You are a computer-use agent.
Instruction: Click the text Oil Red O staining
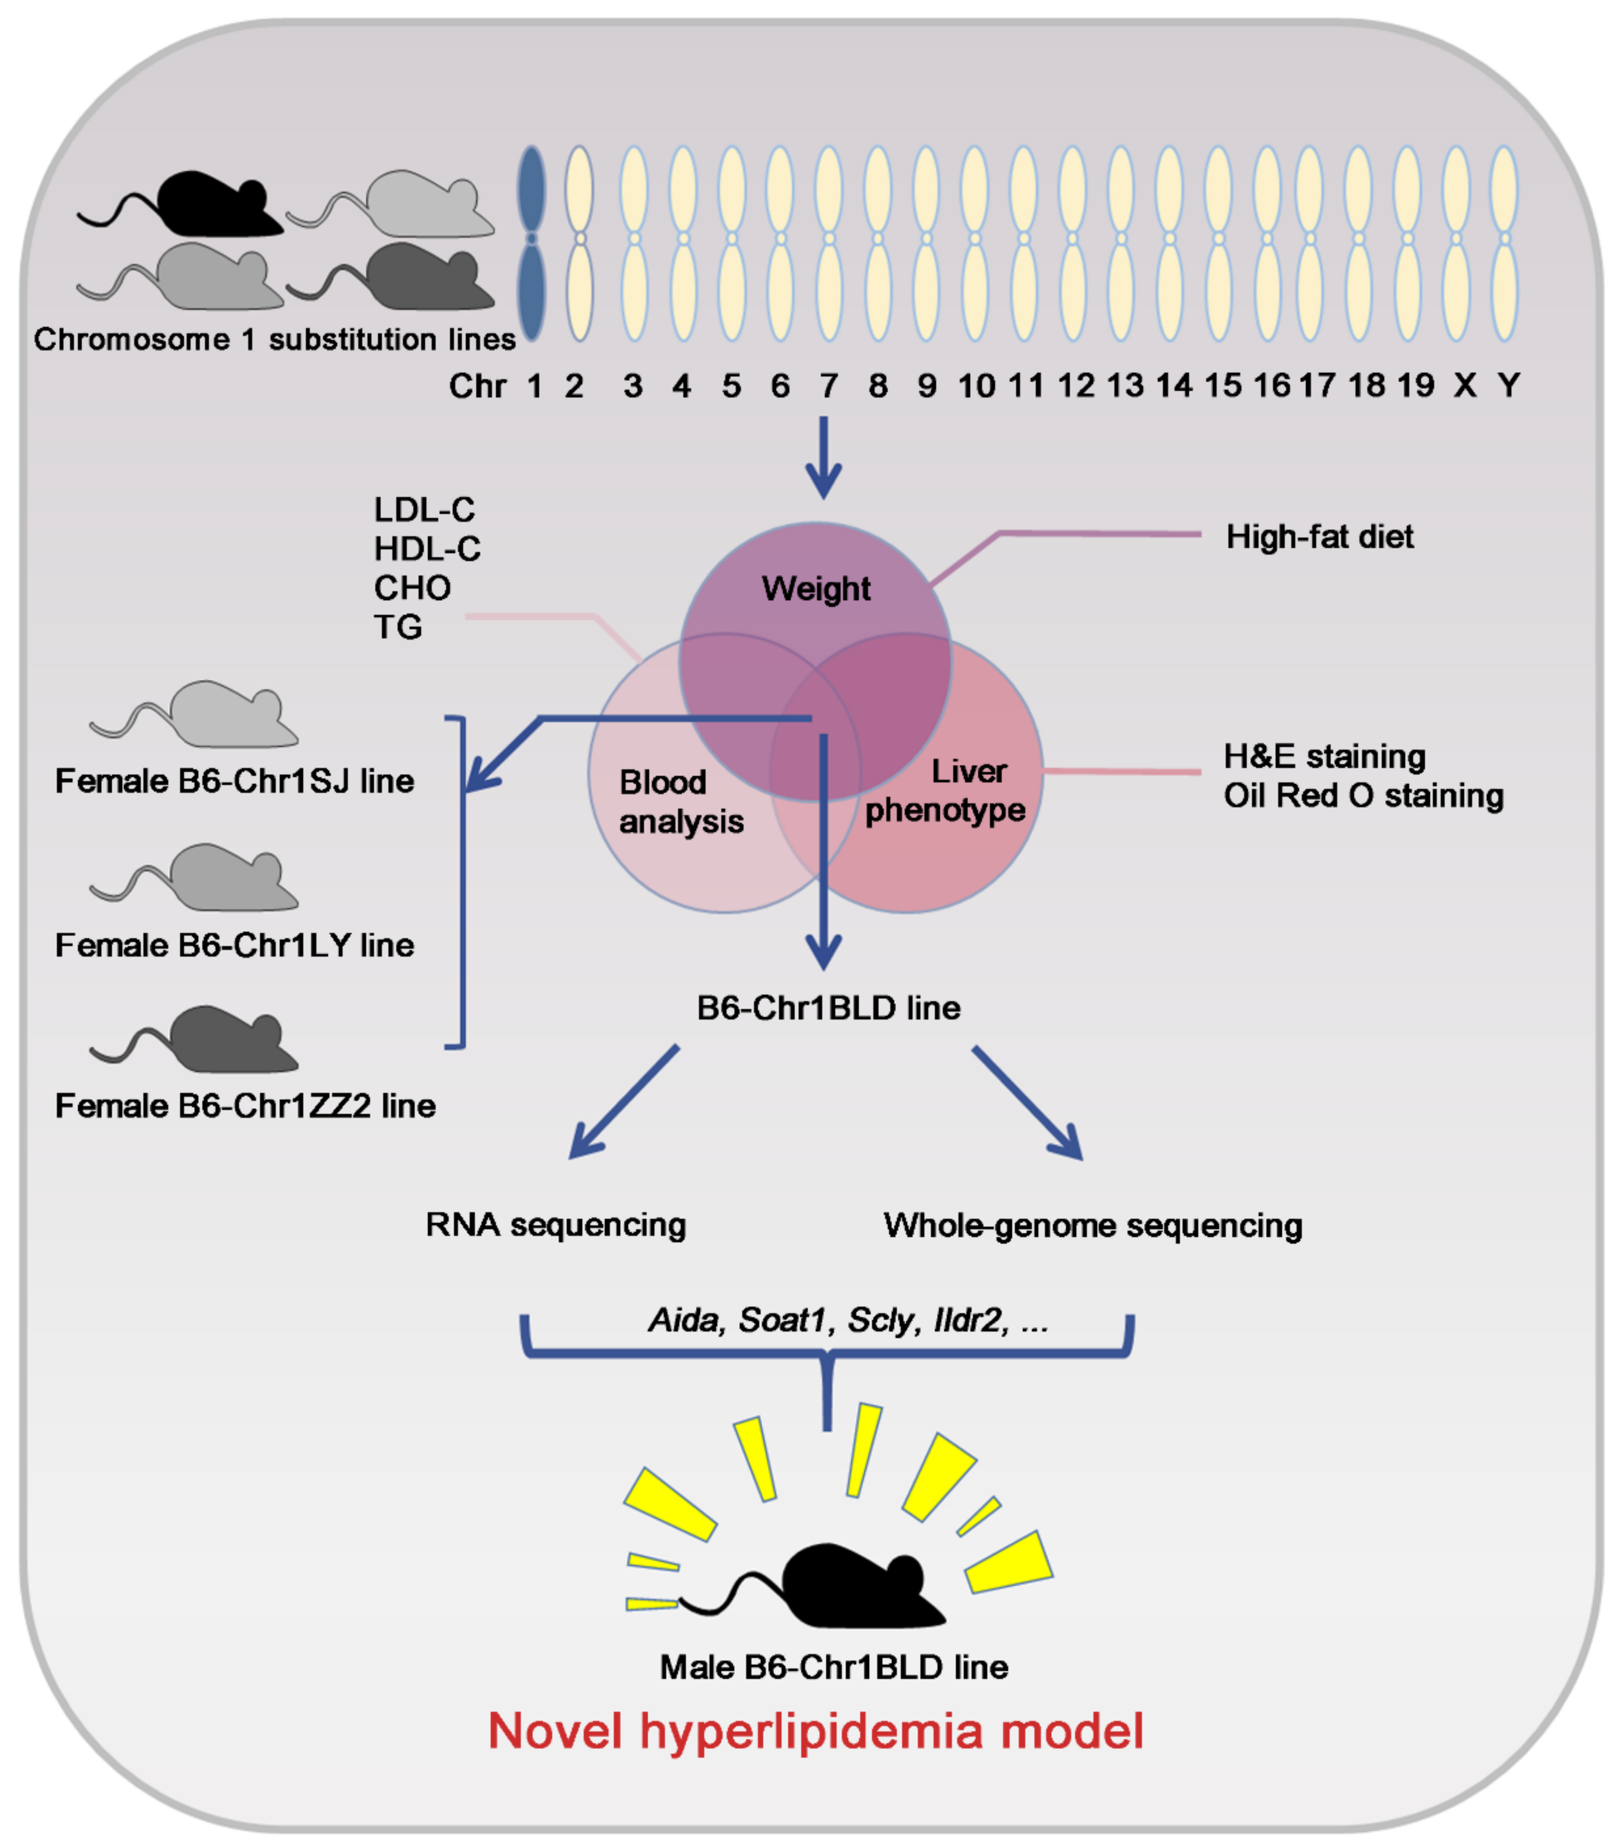pyautogui.click(x=1363, y=796)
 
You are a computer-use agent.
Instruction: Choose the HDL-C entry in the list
pyautogui.click(x=426, y=549)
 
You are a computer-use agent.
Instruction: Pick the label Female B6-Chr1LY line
pyautogui.click(x=234, y=945)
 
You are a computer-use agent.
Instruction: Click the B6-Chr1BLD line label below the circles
pyautogui.click(x=828, y=1007)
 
